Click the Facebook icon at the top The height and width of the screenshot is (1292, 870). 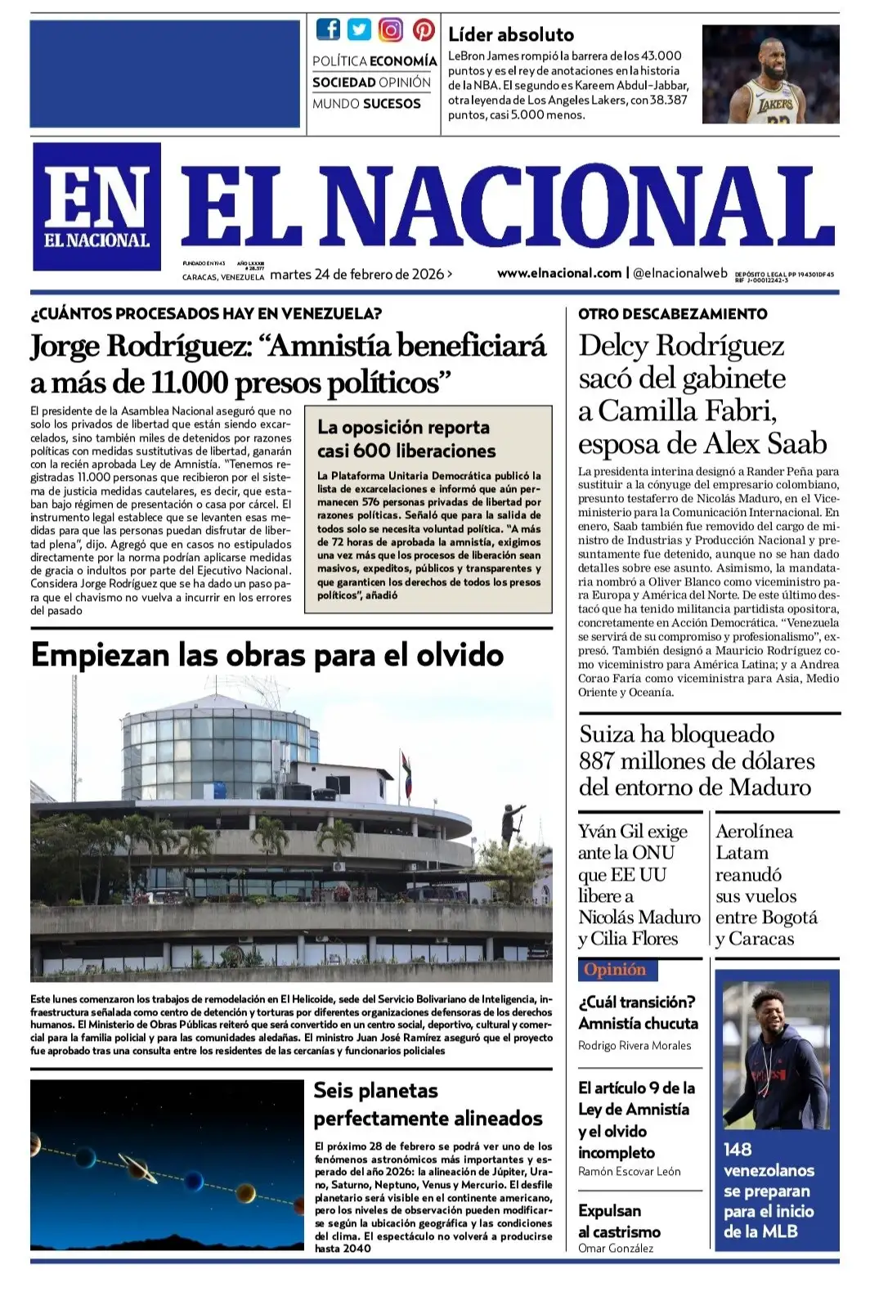tap(328, 30)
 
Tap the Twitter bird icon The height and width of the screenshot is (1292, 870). tap(359, 30)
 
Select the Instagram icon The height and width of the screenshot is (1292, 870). tap(391, 30)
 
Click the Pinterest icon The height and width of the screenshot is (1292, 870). tap(423, 30)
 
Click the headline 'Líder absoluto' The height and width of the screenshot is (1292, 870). tap(511, 34)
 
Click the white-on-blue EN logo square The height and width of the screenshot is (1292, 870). tap(96, 206)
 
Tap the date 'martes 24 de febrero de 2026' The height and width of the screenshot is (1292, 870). tap(357, 275)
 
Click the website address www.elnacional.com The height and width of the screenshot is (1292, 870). tap(559, 273)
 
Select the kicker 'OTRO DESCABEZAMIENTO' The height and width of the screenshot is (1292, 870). tap(672, 314)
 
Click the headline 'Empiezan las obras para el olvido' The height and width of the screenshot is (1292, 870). tap(267, 656)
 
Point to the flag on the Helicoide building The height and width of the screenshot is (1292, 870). tap(406, 769)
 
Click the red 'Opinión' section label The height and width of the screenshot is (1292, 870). tap(615, 970)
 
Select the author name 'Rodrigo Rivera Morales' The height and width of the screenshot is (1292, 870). tap(635, 1046)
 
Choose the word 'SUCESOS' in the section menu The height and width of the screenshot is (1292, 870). tap(392, 104)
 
